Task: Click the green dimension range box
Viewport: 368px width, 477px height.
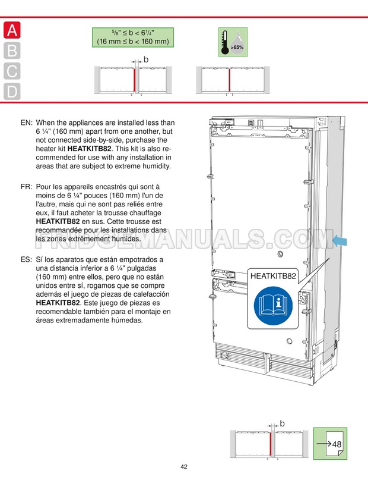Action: (x=132, y=37)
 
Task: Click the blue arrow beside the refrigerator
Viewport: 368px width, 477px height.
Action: (x=342, y=240)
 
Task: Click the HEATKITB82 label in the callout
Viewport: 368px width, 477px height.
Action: (x=273, y=276)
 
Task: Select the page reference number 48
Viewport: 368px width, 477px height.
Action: (x=337, y=444)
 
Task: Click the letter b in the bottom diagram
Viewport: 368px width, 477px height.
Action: (x=283, y=423)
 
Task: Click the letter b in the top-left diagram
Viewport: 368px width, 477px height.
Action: (x=146, y=59)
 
